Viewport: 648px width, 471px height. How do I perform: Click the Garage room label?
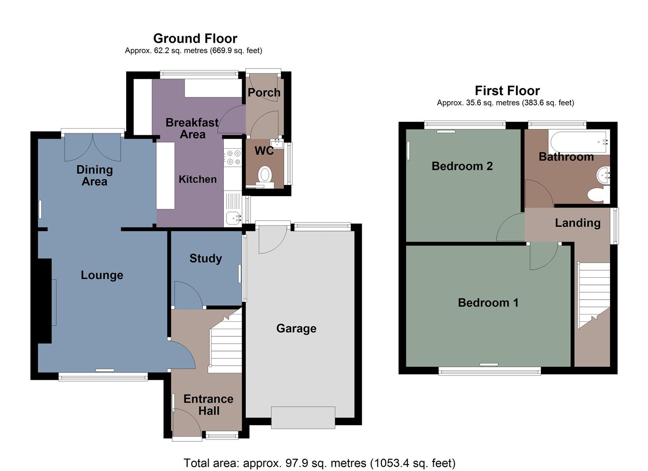coord(296,328)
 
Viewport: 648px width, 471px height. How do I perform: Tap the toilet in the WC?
coord(264,175)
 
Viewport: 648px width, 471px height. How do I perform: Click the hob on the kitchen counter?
coord(232,157)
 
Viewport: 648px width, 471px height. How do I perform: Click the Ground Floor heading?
coord(195,38)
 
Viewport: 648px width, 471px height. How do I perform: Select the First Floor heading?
coord(507,91)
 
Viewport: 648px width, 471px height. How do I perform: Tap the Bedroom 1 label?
coord(488,303)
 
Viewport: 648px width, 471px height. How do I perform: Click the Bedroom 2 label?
coord(462,166)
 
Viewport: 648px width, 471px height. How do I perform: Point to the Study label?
coord(206,258)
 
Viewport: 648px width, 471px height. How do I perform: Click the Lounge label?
coord(102,275)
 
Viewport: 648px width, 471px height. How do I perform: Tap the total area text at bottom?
coord(319,463)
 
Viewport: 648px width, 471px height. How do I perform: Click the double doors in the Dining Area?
coord(93,147)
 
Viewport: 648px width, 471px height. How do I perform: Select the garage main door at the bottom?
coord(303,417)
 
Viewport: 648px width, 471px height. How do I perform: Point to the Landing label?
coord(577,223)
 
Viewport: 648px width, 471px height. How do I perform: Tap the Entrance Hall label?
coord(208,405)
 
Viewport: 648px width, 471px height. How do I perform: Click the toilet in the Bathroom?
coord(597,194)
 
